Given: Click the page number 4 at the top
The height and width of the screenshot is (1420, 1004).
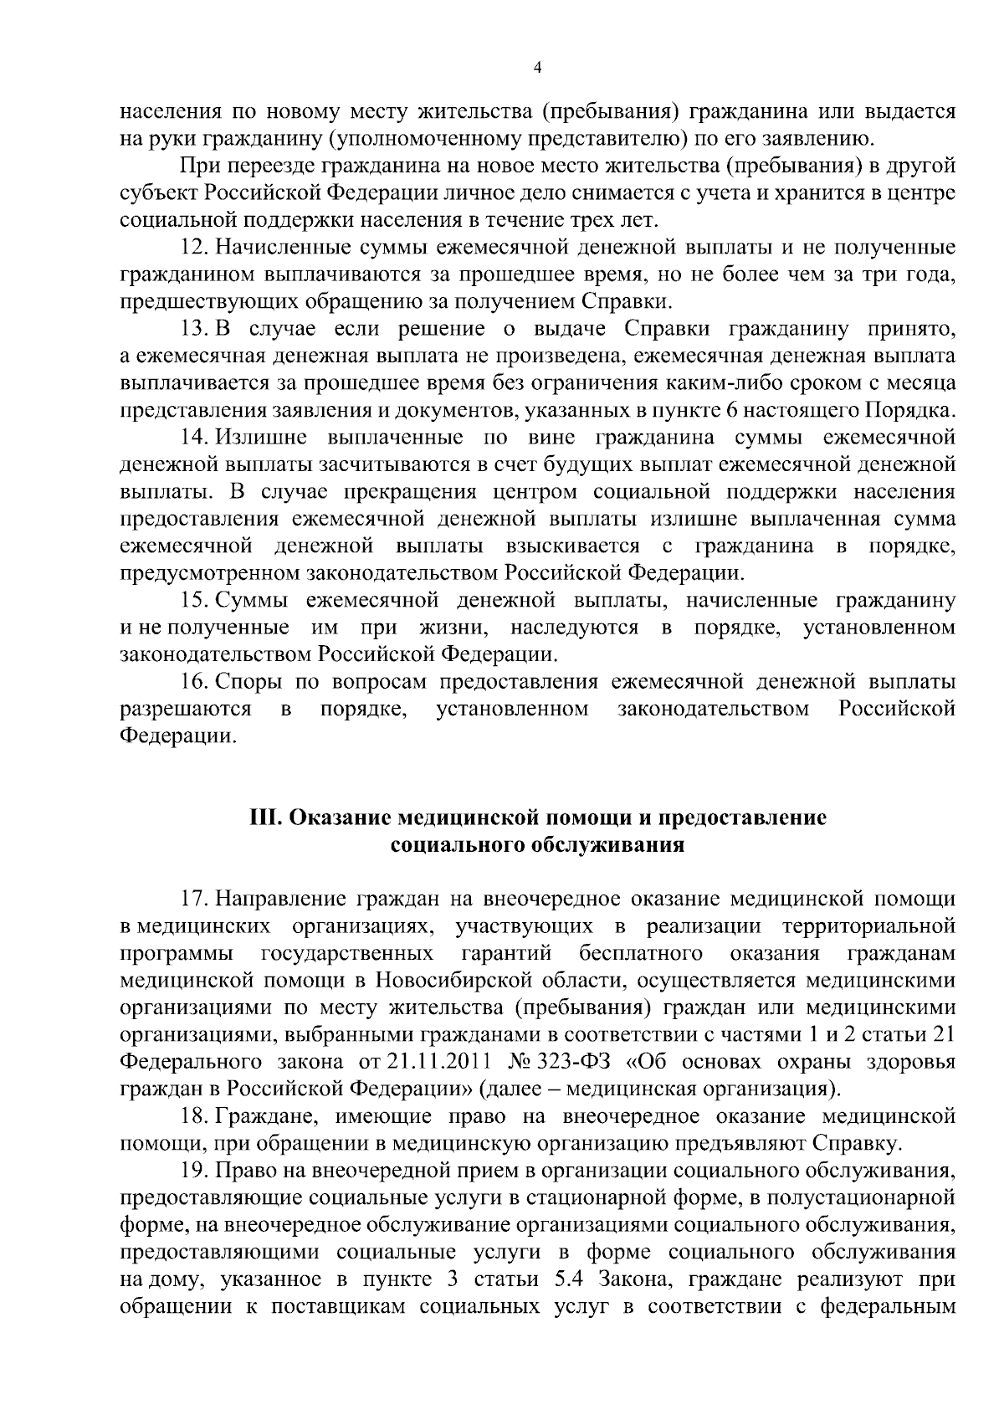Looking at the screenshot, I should tap(537, 68).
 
